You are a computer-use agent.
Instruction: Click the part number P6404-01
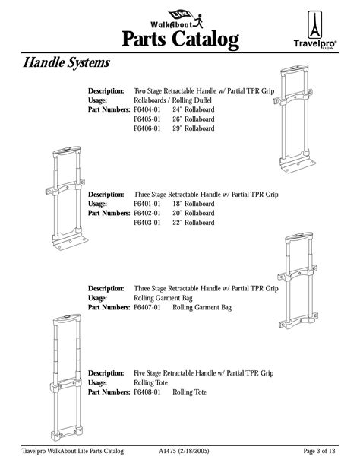[x=147, y=109]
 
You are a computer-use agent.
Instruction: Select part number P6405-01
[x=147, y=119]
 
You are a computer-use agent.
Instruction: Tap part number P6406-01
[x=147, y=129]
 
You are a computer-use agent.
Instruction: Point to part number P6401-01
[x=147, y=204]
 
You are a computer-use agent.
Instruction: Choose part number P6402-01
[x=147, y=214]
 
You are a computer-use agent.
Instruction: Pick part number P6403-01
[x=147, y=223]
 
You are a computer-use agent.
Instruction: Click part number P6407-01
[x=147, y=308]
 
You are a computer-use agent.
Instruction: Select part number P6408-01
[x=147, y=392]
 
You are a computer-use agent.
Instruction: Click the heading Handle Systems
[x=66, y=62]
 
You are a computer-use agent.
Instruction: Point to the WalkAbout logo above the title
[x=180, y=15]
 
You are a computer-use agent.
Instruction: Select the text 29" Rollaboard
[x=194, y=129]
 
